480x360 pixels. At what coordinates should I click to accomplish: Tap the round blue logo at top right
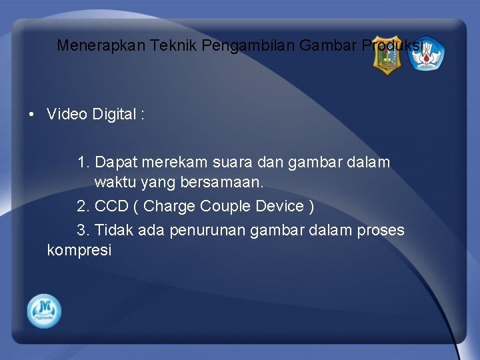[426, 55]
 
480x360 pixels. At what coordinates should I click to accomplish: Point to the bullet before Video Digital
[32, 115]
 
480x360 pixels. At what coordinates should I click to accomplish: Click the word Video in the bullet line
[67, 115]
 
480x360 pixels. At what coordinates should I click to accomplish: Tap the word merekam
[173, 162]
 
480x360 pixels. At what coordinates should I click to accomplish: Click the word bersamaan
[226, 181]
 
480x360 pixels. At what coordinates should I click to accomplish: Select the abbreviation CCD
[111, 206]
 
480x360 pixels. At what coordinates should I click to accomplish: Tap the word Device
[280, 206]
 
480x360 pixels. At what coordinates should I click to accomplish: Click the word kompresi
[79, 251]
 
